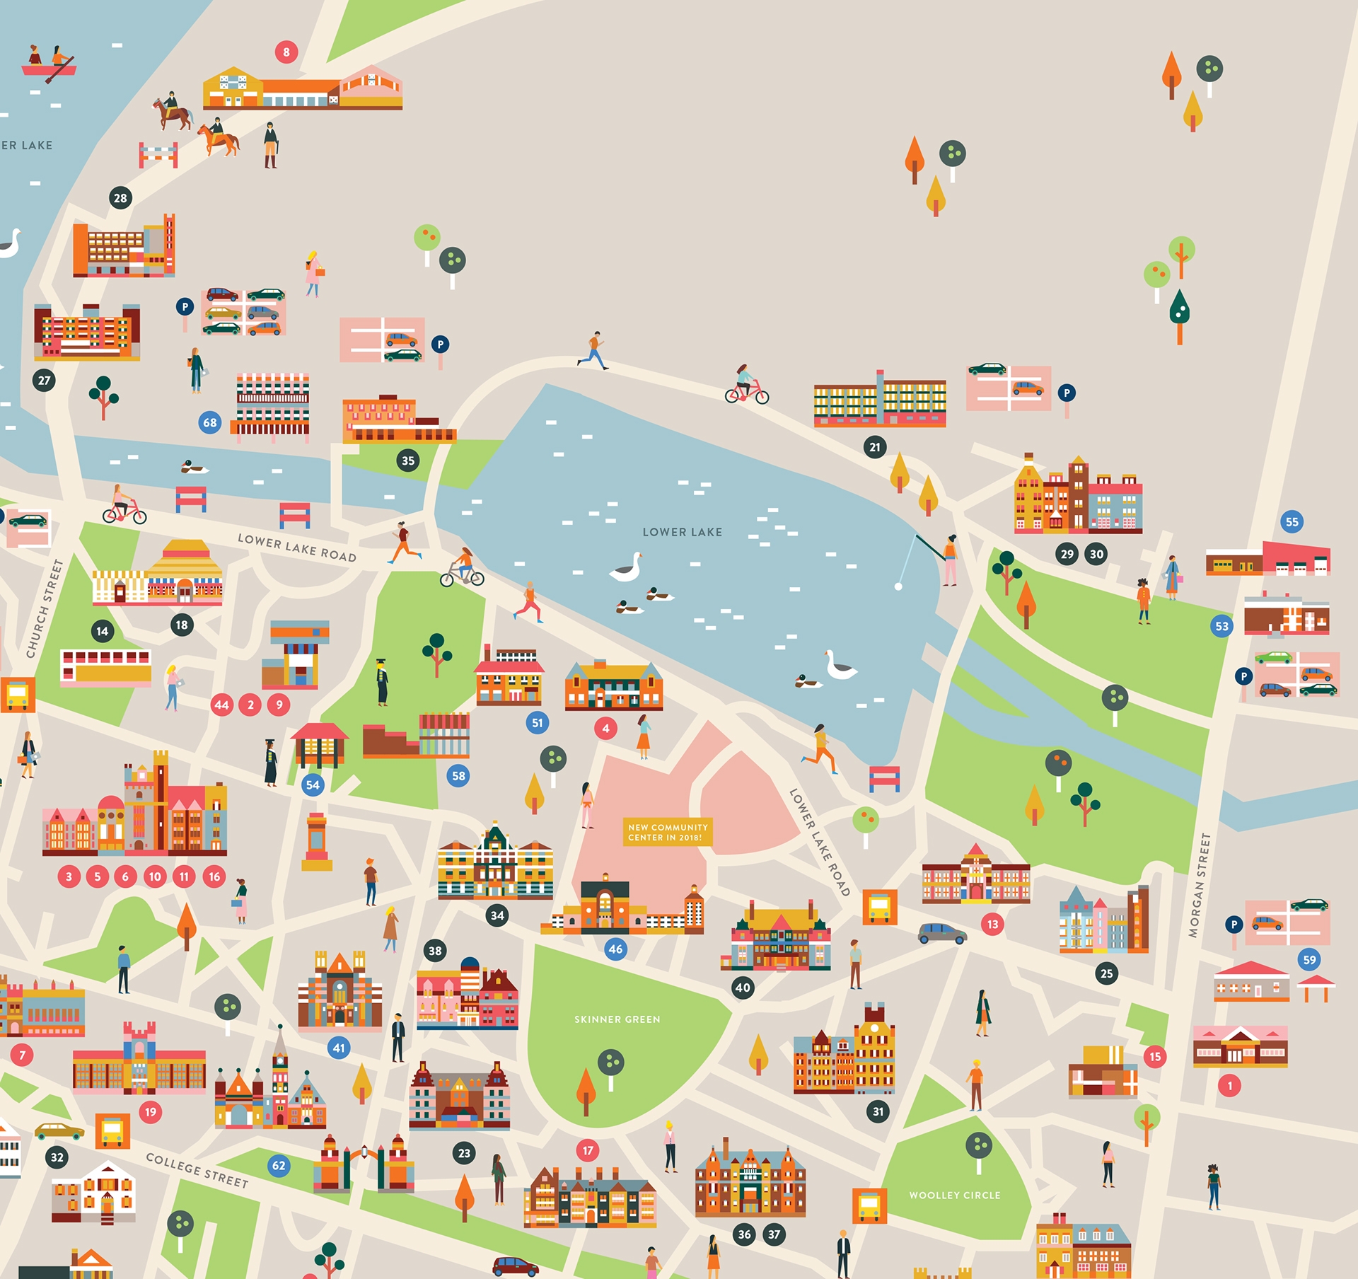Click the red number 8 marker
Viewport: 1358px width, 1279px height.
click(286, 52)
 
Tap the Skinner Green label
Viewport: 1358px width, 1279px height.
click(617, 1019)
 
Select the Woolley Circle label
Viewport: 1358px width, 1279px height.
click(955, 1196)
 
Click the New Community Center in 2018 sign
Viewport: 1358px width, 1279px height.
click(668, 832)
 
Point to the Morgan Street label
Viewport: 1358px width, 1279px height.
click(1200, 885)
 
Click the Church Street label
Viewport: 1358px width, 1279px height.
click(45, 608)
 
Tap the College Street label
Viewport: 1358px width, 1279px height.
click(197, 1171)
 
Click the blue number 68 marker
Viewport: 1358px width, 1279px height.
click(210, 423)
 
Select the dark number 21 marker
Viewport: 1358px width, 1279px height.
click(875, 447)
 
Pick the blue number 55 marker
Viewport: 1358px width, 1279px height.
click(1292, 522)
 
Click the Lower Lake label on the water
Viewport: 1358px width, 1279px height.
click(682, 532)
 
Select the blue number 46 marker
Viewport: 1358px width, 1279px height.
click(615, 949)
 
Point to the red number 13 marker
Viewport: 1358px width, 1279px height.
click(992, 924)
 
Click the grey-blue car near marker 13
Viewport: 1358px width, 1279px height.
click(942, 934)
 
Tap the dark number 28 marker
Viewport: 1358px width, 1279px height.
click(120, 198)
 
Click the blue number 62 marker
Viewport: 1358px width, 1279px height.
click(279, 1166)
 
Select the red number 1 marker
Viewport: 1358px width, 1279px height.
click(1229, 1085)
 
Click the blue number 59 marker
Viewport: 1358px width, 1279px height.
click(1309, 960)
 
